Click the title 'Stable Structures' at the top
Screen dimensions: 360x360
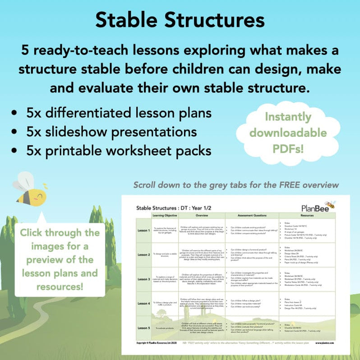pyautogui.click(x=180, y=20)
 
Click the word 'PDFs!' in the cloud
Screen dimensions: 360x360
pyautogui.click(x=294, y=148)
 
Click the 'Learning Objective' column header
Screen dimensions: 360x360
pyautogui.click(x=166, y=216)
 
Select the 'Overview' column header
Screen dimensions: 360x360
pyautogui.click(x=202, y=216)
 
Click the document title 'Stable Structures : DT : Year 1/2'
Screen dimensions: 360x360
pyautogui.click(x=179, y=208)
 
